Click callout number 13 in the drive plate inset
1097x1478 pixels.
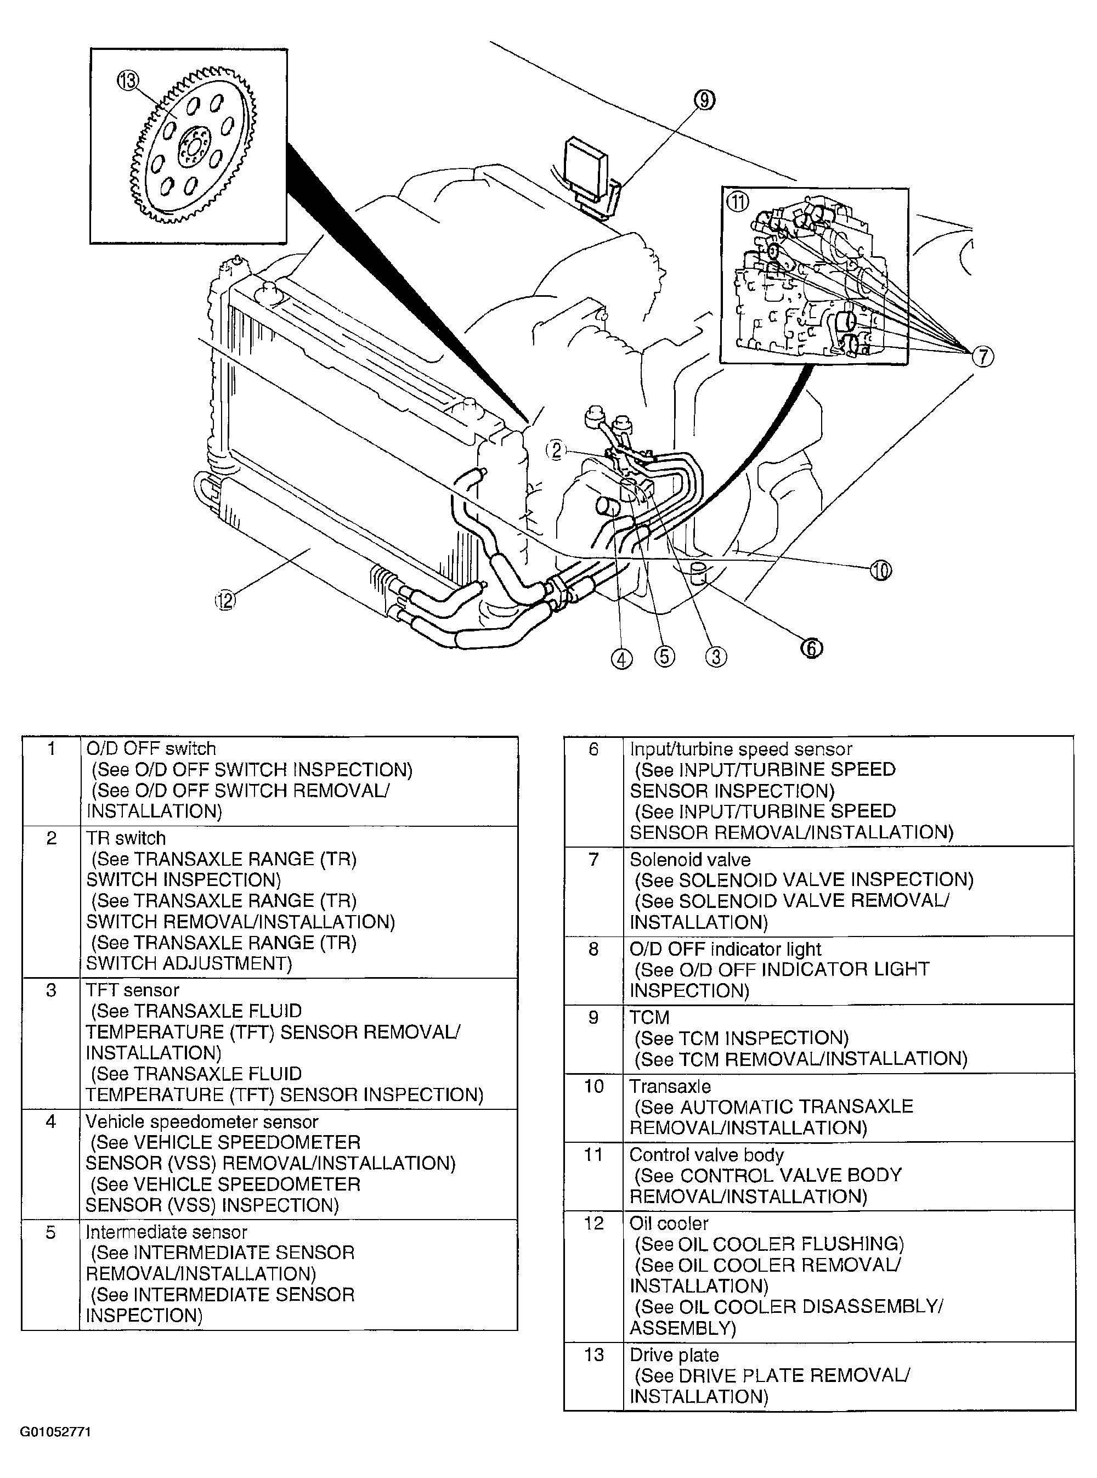128,81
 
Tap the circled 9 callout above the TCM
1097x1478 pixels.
705,100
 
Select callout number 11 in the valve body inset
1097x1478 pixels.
738,201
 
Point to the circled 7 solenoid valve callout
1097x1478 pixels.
983,357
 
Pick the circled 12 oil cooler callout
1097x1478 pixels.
225,601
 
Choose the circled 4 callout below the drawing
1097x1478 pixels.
621,659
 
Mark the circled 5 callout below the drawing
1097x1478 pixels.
664,657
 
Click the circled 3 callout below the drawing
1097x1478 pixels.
716,657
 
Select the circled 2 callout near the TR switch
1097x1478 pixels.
556,450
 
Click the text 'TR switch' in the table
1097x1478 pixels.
126,838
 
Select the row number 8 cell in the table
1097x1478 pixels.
593,949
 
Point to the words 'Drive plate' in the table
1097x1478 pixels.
674,1355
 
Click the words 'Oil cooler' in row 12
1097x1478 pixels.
669,1223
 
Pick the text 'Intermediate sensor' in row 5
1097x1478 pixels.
166,1232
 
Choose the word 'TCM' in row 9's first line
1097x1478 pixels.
649,1017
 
